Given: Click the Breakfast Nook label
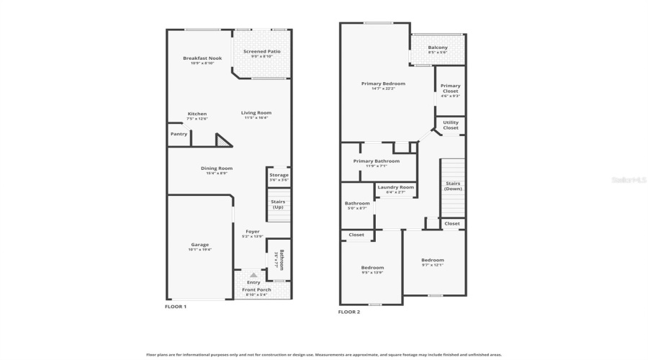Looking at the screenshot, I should pos(202,58).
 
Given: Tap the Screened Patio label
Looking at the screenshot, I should pos(262,52).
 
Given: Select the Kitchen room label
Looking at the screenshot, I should pos(197,114).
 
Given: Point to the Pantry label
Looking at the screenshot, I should pos(179,134).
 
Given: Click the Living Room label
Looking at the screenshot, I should pos(256,113).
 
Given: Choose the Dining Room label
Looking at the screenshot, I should pos(217,168).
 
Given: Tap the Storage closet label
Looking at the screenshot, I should pos(279,176).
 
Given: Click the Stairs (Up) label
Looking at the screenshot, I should pos(278,204).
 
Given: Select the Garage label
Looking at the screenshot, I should pos(199,245).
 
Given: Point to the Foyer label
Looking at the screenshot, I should pos(252,232).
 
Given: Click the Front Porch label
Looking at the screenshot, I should pos(258,289).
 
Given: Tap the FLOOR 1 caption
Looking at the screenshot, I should pos(176,307).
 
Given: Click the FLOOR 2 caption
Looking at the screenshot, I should pos(349,312).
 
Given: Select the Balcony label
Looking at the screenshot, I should pos(438,48).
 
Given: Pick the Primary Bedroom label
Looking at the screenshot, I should pos(383,84).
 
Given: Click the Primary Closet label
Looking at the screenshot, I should pos(451,89).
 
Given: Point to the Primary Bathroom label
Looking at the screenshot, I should pos(376,161).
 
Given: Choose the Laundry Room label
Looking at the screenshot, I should pos(395,187).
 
